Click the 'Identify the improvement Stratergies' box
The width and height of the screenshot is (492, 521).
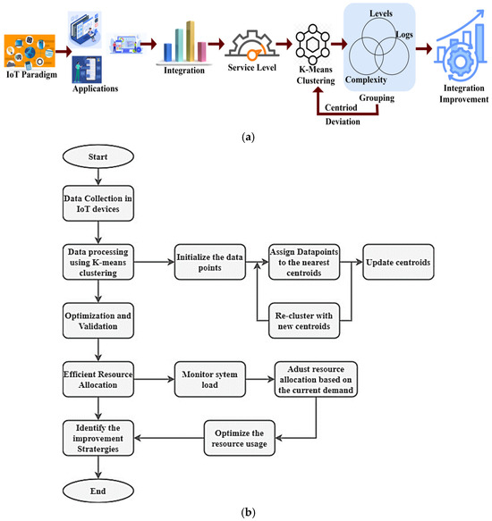tap(98, 437)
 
